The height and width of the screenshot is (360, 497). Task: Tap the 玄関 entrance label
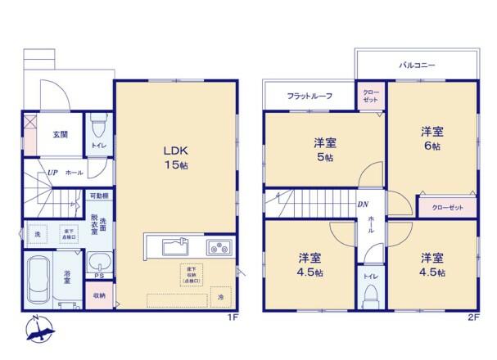(x=60, y=136)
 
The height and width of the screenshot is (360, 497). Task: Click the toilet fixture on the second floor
(x=370, y=292)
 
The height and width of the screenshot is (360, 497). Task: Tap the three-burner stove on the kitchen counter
(x=220, y=247)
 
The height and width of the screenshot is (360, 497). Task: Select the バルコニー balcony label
(x=417, y=64)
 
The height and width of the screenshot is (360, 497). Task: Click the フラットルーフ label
(x=309, y=97)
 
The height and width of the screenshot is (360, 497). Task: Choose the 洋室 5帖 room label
(x=324, y=151)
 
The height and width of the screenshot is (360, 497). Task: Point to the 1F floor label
(x=232, y=316)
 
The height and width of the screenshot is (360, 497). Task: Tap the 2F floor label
(x=473, y=316)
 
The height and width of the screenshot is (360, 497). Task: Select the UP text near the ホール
(x=52, y=173)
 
